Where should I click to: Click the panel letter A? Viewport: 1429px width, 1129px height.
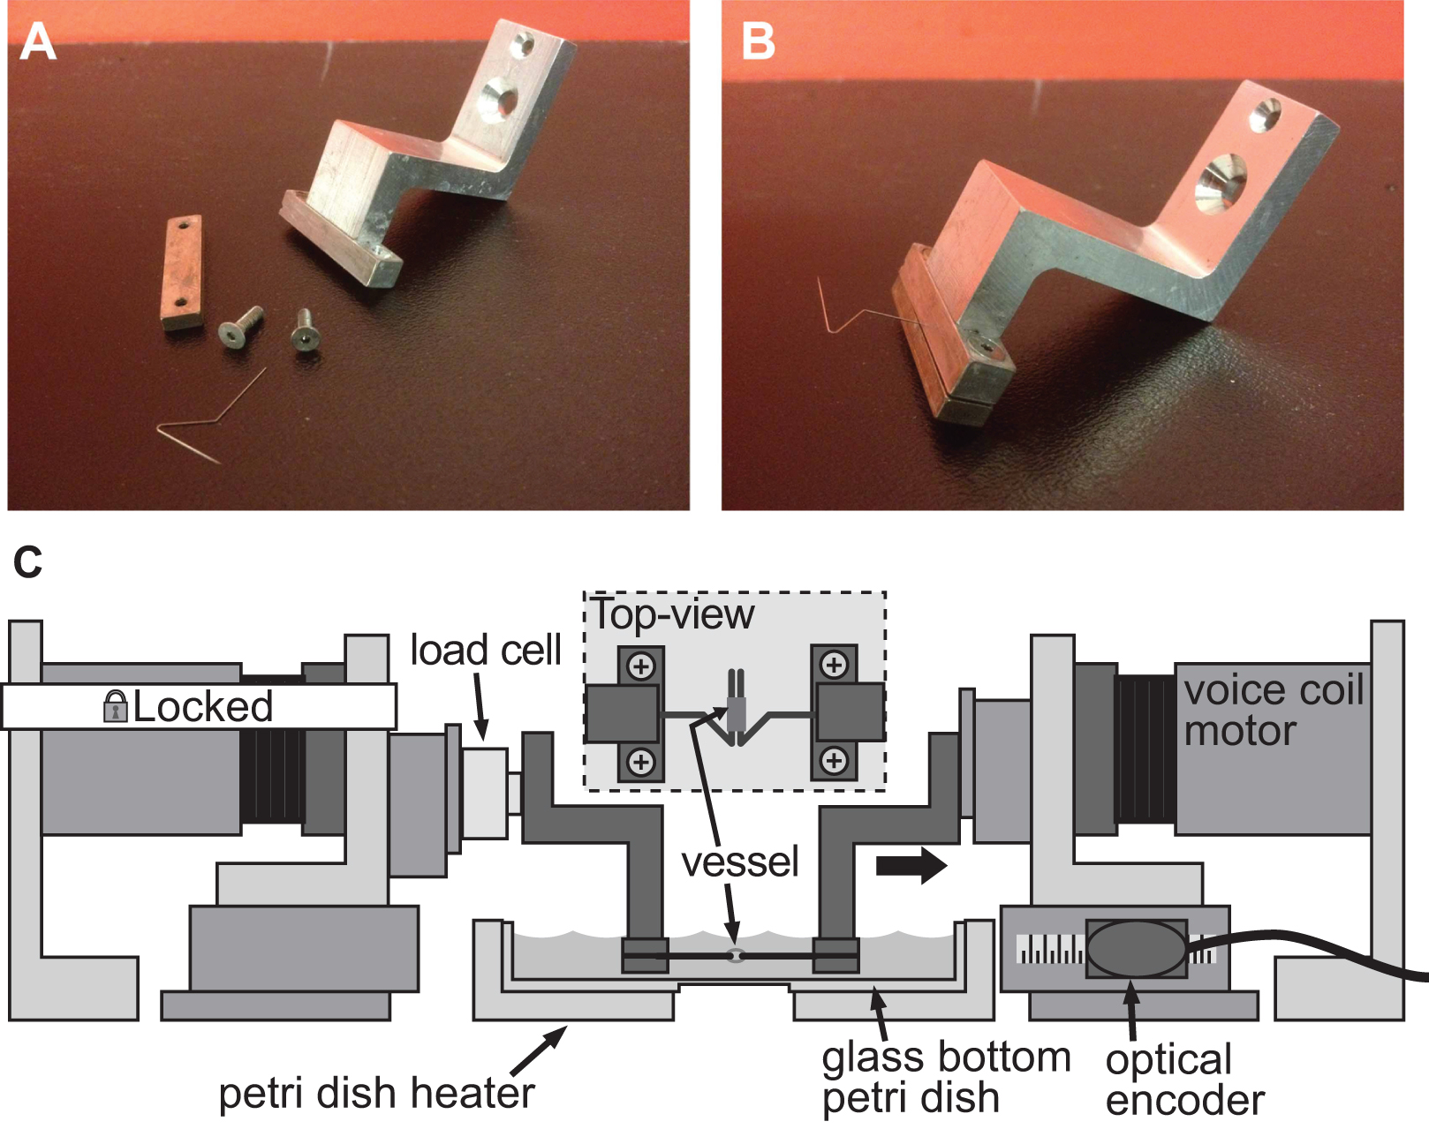(37, 42)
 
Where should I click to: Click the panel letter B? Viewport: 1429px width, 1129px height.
(758, 42)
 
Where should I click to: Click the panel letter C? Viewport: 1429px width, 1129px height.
(28, 563)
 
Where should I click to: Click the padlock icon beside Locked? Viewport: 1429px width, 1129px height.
(115, 706)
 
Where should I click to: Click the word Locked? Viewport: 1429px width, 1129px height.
(202, 706)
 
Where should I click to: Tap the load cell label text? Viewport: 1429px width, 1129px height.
(486, 651)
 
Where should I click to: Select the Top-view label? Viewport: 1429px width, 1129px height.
(673, 614)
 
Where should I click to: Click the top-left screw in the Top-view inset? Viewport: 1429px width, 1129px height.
(641, 665)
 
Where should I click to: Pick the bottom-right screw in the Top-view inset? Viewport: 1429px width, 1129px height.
(834, 760)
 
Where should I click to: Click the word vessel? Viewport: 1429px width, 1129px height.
(740, 862)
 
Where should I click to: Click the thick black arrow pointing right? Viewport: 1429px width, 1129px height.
(911, 866)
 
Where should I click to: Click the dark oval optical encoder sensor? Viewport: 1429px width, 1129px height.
(1136, 948)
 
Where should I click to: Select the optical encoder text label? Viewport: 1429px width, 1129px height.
(1183, 1080)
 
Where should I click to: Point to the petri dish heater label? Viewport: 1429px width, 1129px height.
(376, 1093)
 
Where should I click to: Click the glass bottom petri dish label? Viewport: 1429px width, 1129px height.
(945, 1078)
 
